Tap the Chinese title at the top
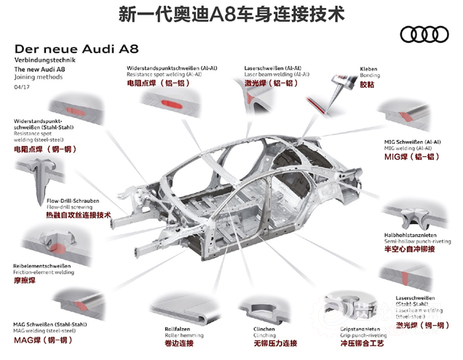(231, 12)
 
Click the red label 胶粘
(369, 84)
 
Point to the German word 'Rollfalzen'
(178, 329)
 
